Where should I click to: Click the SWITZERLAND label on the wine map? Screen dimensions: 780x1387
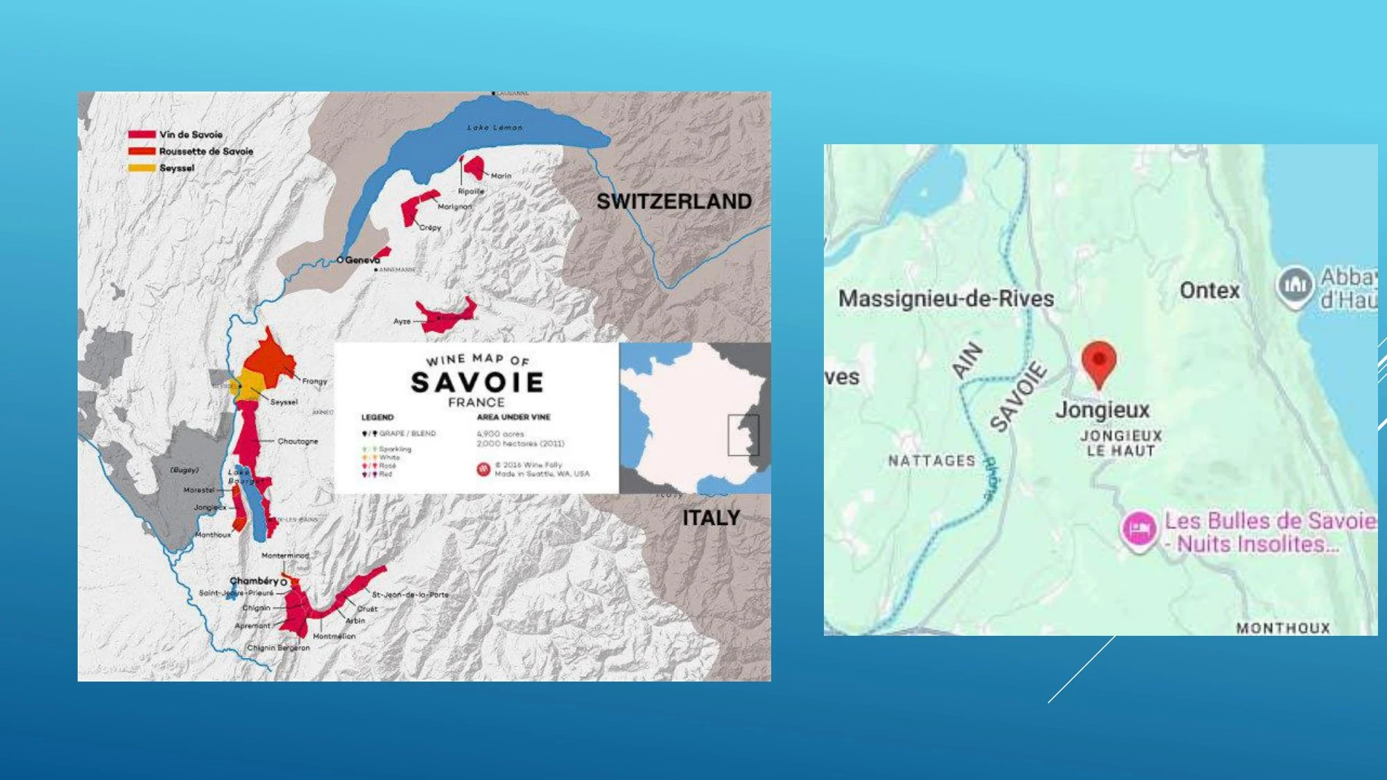673,202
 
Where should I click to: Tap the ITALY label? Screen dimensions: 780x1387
711,518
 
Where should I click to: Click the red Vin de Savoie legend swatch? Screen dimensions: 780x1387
141,135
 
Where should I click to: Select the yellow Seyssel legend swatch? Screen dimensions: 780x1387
141,168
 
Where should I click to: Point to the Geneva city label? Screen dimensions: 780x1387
362,260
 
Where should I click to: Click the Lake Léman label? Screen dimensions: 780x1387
494,128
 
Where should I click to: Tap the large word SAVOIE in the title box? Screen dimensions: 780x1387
477,383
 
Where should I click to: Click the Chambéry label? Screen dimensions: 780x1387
254,581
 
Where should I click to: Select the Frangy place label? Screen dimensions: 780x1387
314,381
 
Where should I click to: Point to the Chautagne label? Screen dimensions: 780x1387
298,441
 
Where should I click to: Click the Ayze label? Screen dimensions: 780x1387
402,322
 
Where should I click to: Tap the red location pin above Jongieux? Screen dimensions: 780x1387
1099,361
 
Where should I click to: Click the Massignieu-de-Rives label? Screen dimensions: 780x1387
946,299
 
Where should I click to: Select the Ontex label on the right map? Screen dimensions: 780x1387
1209,291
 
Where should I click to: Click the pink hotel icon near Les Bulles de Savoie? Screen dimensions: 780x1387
1139,530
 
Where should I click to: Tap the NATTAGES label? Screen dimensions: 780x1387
931,460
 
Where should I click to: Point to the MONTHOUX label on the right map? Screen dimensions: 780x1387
1282,628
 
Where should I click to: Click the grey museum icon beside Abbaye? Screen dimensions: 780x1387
1295,285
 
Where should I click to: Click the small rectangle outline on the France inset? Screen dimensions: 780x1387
743,435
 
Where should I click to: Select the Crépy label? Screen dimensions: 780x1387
430,227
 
